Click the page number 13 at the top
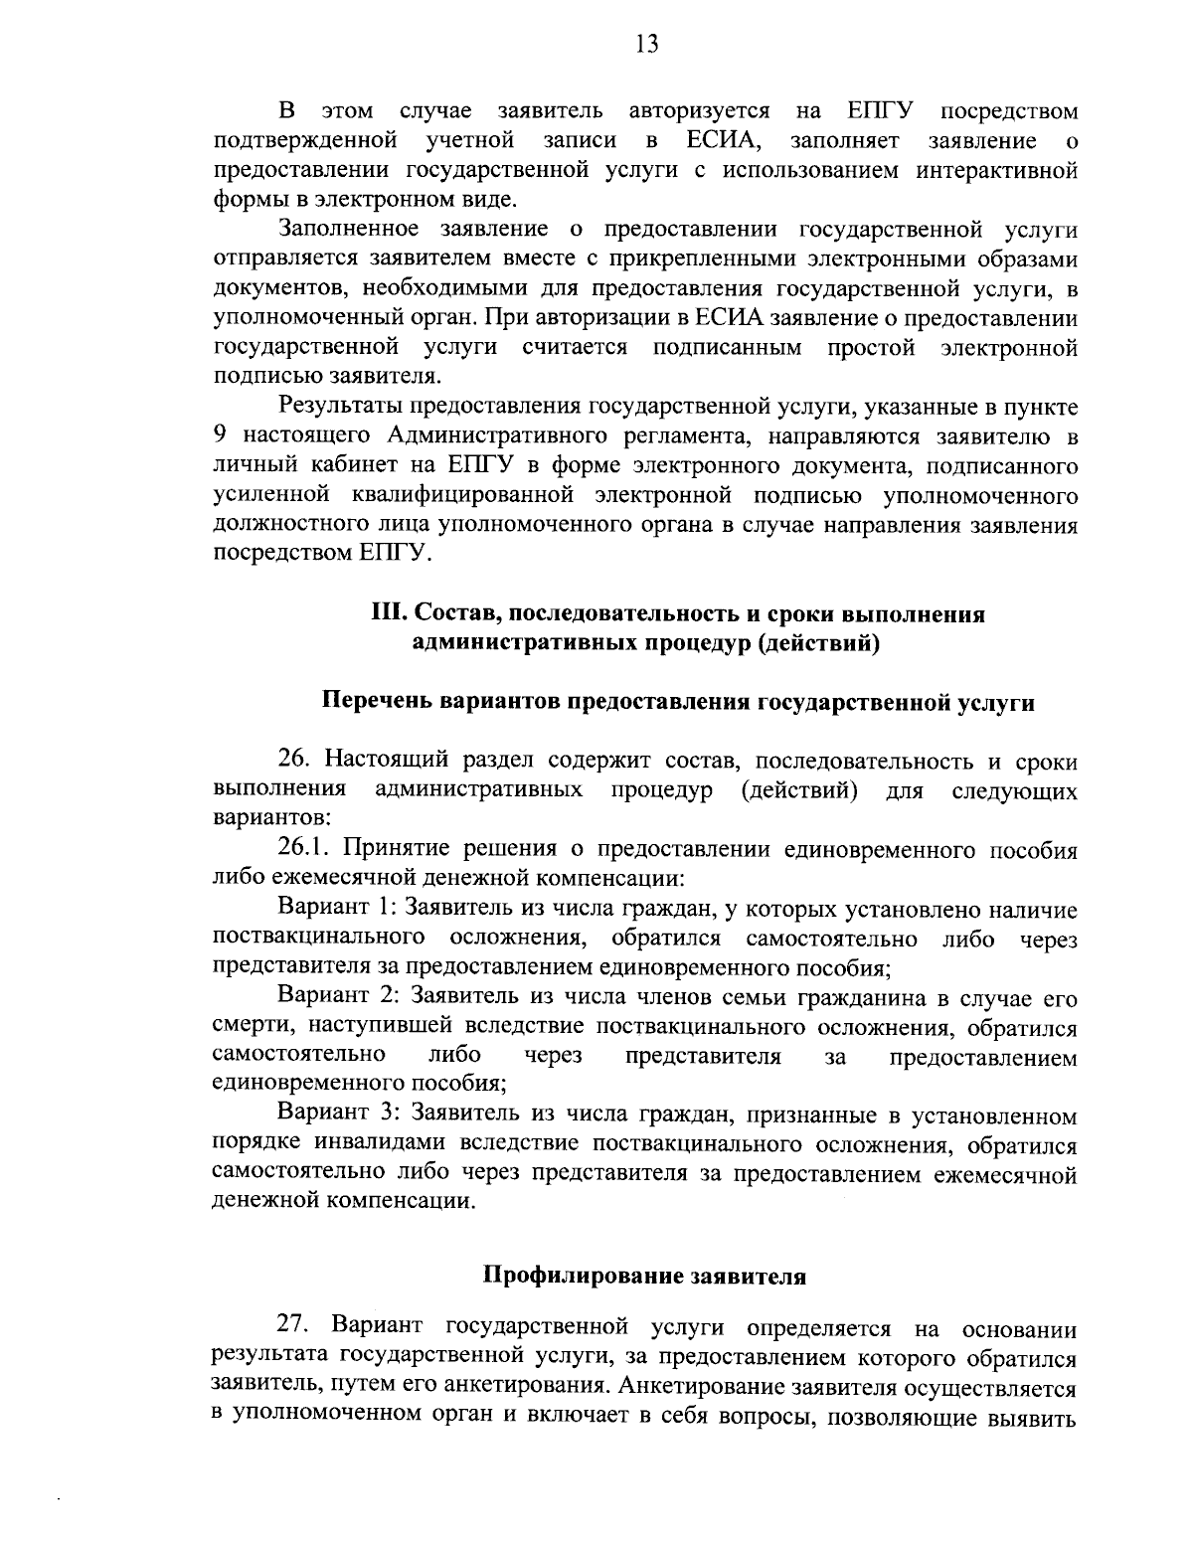[646, 45]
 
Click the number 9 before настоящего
[221, 435]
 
